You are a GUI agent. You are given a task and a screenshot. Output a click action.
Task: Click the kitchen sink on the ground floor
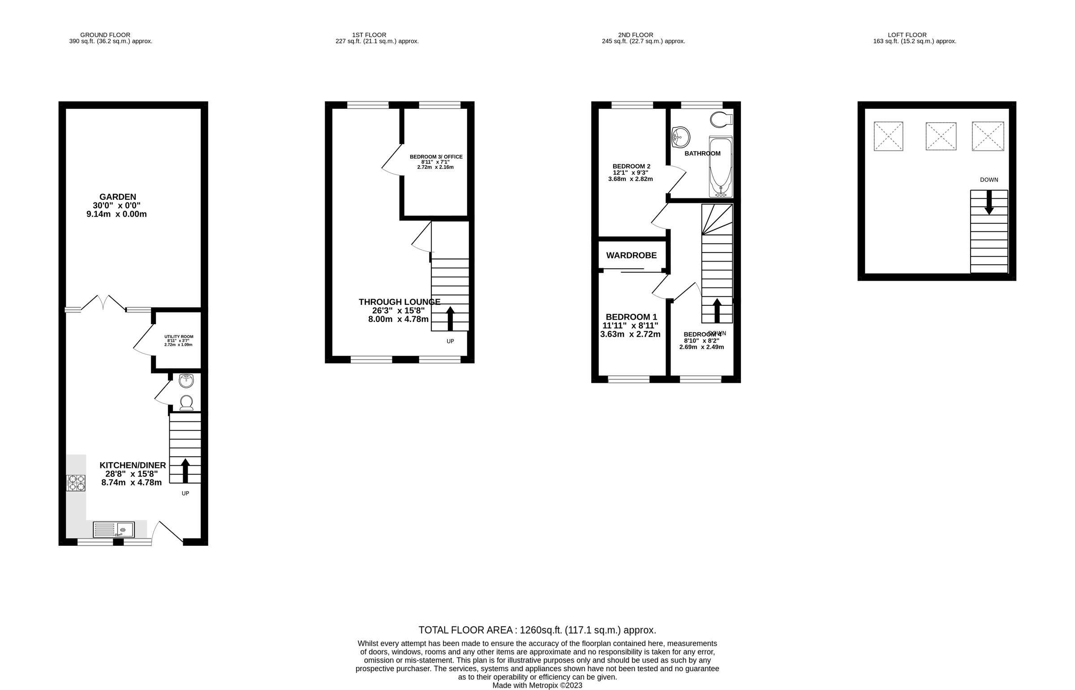(114, 530)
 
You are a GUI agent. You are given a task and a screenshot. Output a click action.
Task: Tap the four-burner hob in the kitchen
(76, 483)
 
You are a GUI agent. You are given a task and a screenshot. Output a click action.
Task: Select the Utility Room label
(179, 340)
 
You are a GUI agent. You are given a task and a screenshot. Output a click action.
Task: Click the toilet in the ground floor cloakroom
(186, 403)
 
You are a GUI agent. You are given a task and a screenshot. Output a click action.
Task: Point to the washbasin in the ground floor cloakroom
(186, 381)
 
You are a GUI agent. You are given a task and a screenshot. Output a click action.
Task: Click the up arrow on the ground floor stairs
(185, 470)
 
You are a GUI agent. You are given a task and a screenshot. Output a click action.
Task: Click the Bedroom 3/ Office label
(435, 162)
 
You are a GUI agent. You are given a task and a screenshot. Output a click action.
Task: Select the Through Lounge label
(399, 310)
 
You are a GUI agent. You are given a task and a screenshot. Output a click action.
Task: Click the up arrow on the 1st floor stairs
(450, 317)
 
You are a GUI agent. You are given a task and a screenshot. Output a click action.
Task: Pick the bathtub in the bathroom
(720, 167)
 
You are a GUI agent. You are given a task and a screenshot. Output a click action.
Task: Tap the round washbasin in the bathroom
(681, 137)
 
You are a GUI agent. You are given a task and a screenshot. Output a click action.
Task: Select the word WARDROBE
(631, 255)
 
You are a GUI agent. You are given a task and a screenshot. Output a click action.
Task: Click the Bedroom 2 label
(631, 172)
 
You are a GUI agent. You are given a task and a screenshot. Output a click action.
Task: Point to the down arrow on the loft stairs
(989, 202)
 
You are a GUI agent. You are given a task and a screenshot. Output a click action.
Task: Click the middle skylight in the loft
(941, 136)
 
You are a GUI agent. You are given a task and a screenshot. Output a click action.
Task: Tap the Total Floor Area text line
(537, 630)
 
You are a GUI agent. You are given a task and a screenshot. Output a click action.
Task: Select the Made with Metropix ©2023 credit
(537, 686)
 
